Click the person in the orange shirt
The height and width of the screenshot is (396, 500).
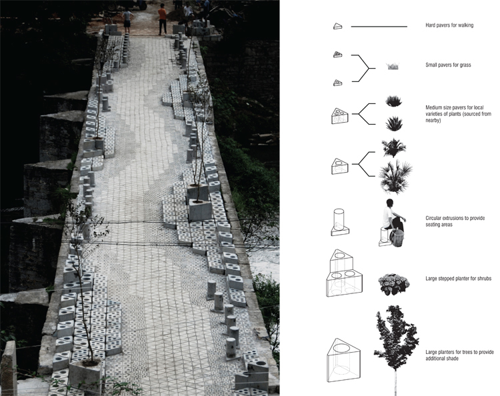[162, 19]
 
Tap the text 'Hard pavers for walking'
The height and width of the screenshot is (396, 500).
[449, 25]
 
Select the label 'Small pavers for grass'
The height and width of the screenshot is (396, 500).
[448, 65]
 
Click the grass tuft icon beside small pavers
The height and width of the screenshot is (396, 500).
[393, 66]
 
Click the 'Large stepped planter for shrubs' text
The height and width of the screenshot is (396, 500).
[458, 279]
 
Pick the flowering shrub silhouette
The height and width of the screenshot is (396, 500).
[394, 284]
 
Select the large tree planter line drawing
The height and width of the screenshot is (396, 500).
[343, 360]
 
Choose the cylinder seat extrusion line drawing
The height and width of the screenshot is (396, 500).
[339, 222]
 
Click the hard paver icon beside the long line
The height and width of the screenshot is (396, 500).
[338, 27]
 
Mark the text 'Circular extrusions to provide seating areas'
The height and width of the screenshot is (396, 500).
[455, 221]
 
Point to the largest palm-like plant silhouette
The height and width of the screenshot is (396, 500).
[395, 177]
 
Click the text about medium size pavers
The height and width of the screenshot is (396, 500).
[458, 114]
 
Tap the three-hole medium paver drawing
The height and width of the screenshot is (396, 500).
[340, 116]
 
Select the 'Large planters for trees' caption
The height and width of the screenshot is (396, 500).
[459, 355]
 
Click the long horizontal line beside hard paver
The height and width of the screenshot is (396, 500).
[379, 27]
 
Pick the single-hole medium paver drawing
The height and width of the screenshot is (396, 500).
[340, 166]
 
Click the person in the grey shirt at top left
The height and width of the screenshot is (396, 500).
[127, 21]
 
